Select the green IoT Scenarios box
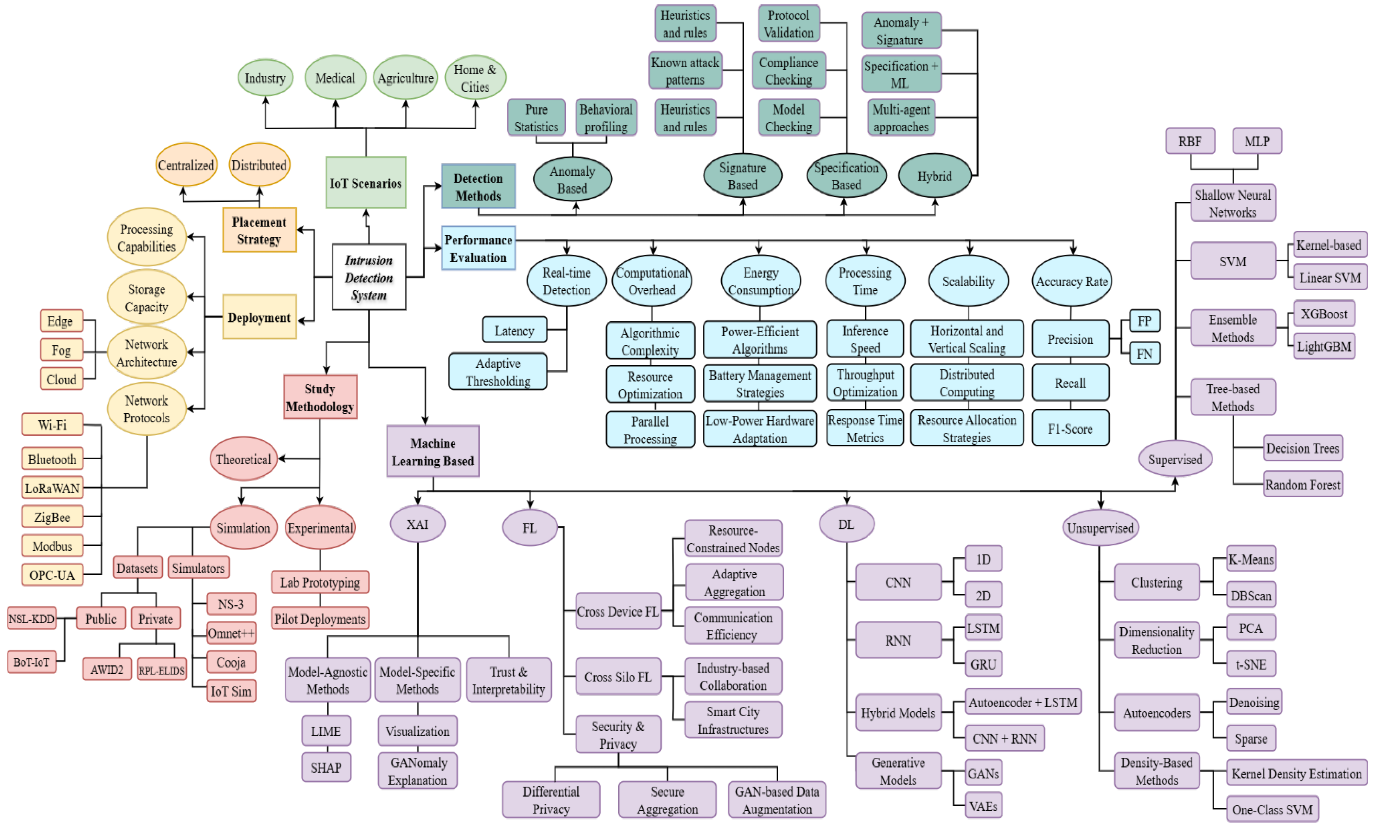point(365,183)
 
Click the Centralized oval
point(186,165)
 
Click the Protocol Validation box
point(788,23)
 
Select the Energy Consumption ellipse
point(760,281)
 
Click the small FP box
point(1144,321)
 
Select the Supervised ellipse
point(1175,459)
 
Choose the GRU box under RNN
point(983,664)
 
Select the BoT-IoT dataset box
point(32,662)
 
